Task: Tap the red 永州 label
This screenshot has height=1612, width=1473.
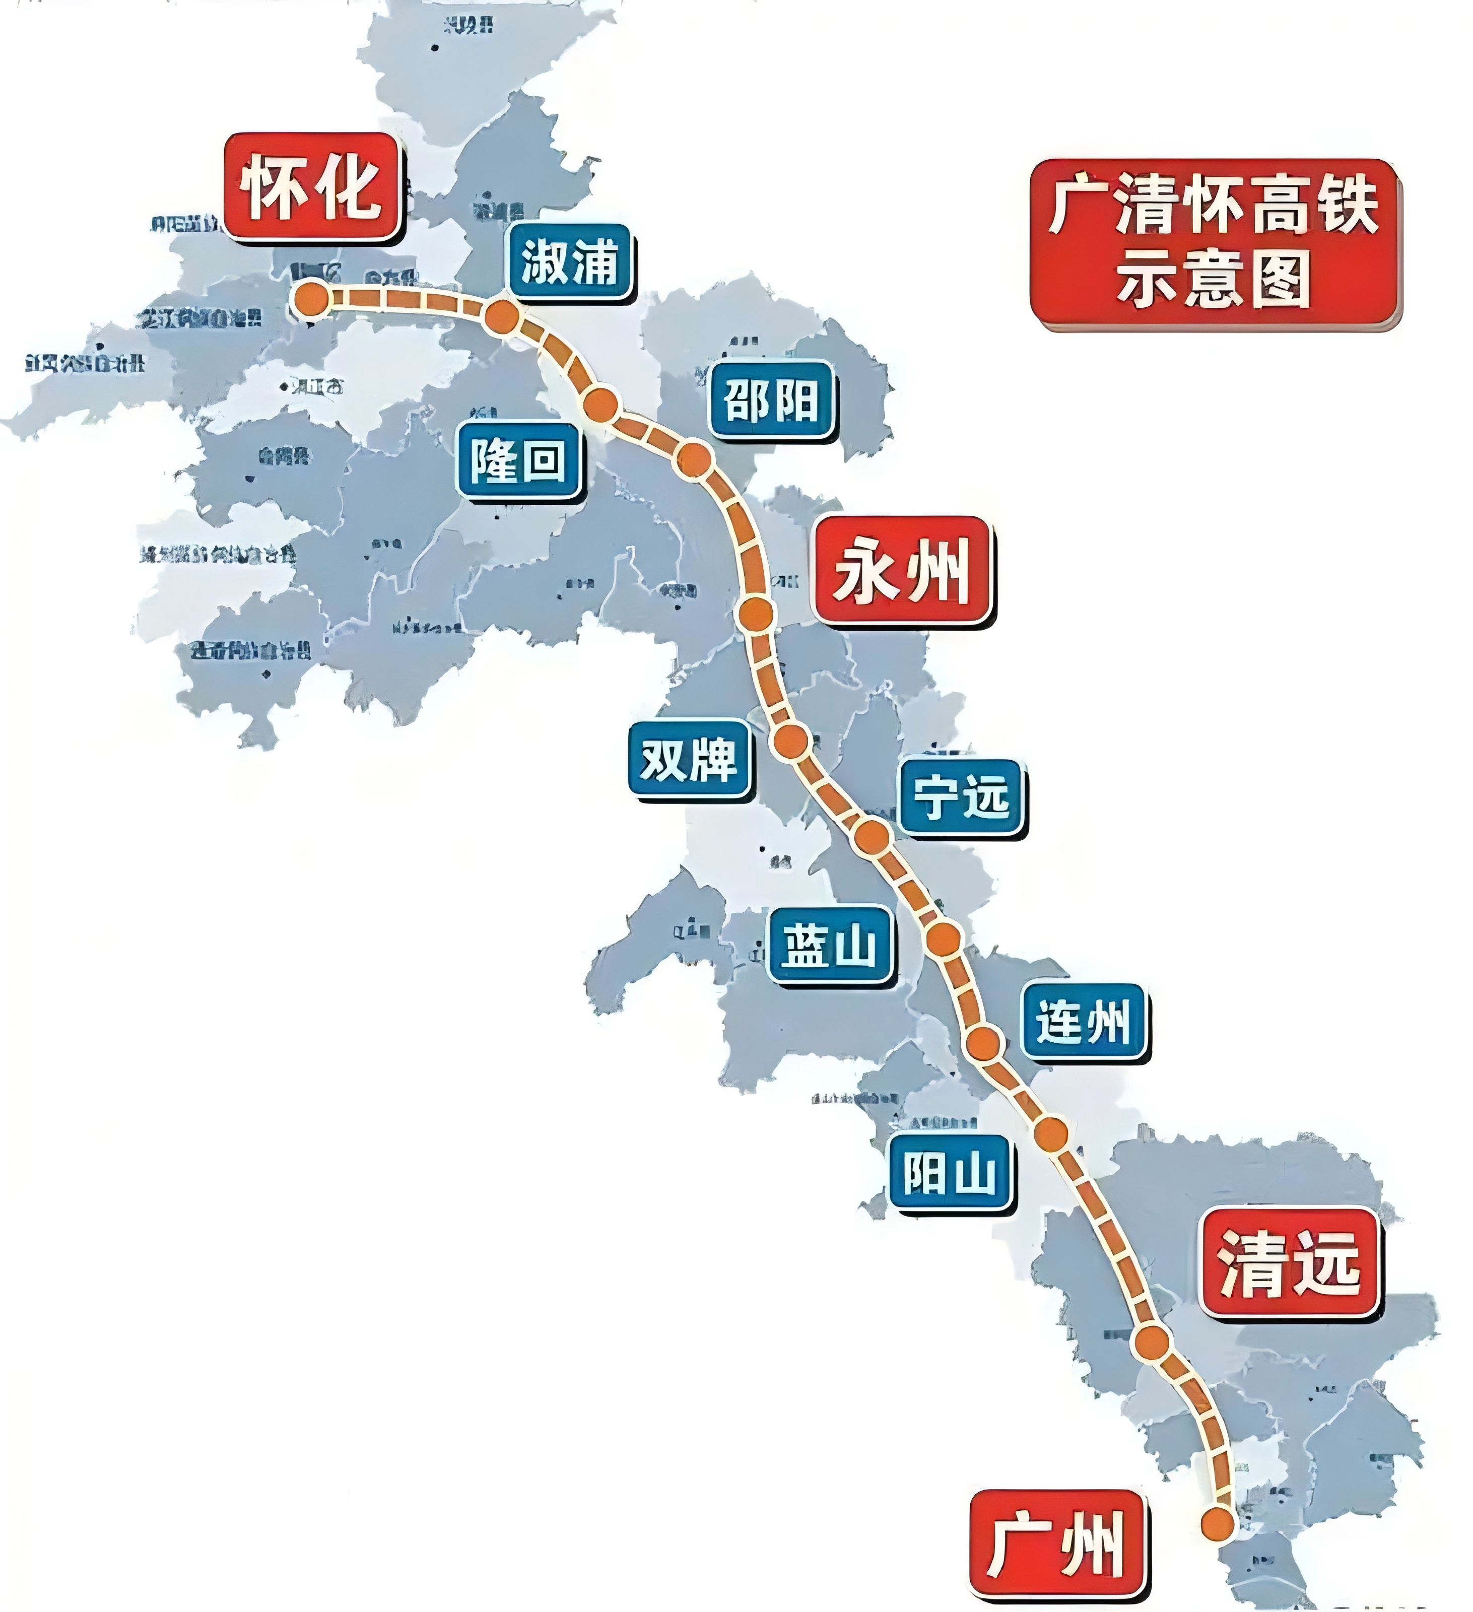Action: point(902,571)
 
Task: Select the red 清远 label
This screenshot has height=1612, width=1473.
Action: point(1290,1263)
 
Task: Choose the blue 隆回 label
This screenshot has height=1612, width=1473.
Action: point(518,461)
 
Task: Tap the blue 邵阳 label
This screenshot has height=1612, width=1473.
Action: point(771,400)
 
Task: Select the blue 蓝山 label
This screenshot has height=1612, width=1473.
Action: point(829,945)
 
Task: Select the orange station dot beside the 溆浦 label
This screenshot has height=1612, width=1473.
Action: point(502,317)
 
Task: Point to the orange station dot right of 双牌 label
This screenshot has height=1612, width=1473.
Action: point(792,741)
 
